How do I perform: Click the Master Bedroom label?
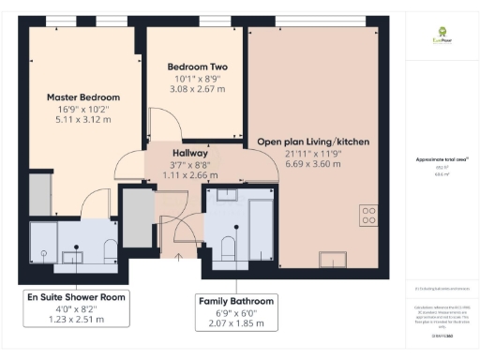(x=84, y=97)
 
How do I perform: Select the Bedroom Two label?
(x=197, y=67)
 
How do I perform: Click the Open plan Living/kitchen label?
(x=313, y=142)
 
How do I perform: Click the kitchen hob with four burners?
(x=368, y=215)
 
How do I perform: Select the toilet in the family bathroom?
(x=226, y=245)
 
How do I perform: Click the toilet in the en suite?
(x=110, y=246)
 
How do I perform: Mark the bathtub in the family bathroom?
(x=261, y=230)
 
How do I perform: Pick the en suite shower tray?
(x=43, y=242)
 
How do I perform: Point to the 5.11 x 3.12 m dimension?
(x=84, y=119)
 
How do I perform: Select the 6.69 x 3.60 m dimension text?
(x=313, y=164)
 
